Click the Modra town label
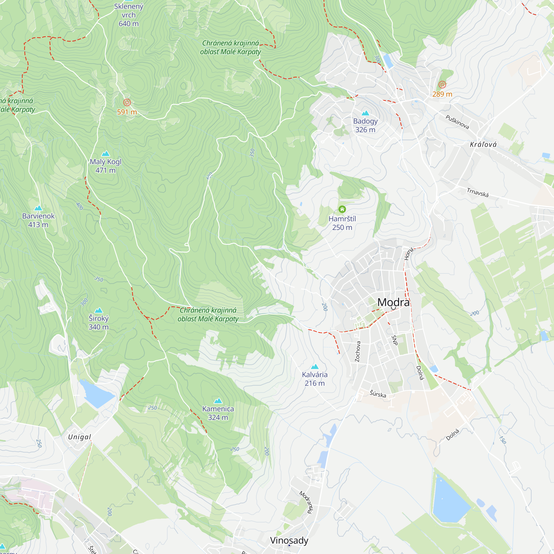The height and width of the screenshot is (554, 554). click(393, 302)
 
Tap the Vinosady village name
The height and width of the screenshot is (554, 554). click(289, 540)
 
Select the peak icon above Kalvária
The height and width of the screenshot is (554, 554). click(315, 366)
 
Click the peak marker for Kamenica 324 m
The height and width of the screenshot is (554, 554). click(218, 401)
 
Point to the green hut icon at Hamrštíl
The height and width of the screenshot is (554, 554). click(342, 209)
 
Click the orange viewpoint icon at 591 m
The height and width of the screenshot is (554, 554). click(127, 102)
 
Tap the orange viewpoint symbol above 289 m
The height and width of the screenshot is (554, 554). click(442, 84)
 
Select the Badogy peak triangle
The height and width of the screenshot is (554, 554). click(365, 113)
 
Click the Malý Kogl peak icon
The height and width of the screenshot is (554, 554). click(106, 154)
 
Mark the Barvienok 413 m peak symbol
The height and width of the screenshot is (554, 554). click(38, 208)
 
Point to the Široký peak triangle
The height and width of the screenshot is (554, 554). click(99, 310)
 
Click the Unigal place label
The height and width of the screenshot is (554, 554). click(79, 437)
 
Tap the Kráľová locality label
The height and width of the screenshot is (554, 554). click(483, 145)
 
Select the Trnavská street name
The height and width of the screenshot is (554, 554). click(478, 192)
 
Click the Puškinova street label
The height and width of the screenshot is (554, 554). click(457, 122)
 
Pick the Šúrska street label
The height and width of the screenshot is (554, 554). click(378, 394)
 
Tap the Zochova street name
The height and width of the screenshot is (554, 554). click(358, 351)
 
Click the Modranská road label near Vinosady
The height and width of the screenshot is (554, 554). click(306, 502)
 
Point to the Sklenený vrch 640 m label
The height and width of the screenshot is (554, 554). click(129, 15)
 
